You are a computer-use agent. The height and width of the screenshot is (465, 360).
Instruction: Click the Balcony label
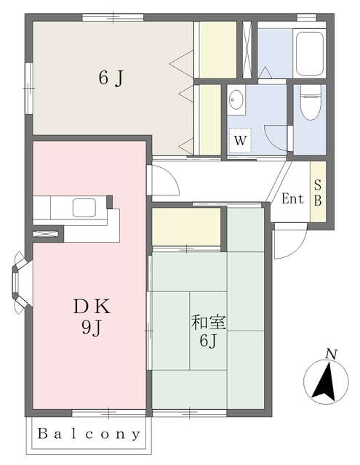[89, 434]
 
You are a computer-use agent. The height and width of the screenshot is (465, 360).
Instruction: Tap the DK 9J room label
[92, 317]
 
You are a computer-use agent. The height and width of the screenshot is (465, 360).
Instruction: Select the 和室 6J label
[208, 331]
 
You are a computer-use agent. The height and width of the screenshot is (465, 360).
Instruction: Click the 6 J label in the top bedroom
[111, 78]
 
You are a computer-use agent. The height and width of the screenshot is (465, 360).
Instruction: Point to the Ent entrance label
[292, 198]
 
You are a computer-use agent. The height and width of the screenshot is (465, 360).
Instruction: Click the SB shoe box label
[318, 193]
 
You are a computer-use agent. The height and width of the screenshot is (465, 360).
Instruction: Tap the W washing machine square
[240, 140]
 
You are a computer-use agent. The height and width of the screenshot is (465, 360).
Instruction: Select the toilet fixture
[311, 102]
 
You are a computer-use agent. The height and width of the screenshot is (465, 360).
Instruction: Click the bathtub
[310, 52]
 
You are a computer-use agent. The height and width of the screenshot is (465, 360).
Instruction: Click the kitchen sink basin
[84, 207]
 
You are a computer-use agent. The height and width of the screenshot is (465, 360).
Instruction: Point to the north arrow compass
[326, 382]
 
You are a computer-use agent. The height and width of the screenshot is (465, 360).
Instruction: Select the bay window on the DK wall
[20, 283]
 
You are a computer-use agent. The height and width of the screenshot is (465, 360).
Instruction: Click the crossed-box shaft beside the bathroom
[247, 50]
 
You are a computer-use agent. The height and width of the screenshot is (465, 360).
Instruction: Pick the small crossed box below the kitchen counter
[45, 234]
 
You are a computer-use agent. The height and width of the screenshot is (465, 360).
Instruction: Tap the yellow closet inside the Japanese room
[186, 227]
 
